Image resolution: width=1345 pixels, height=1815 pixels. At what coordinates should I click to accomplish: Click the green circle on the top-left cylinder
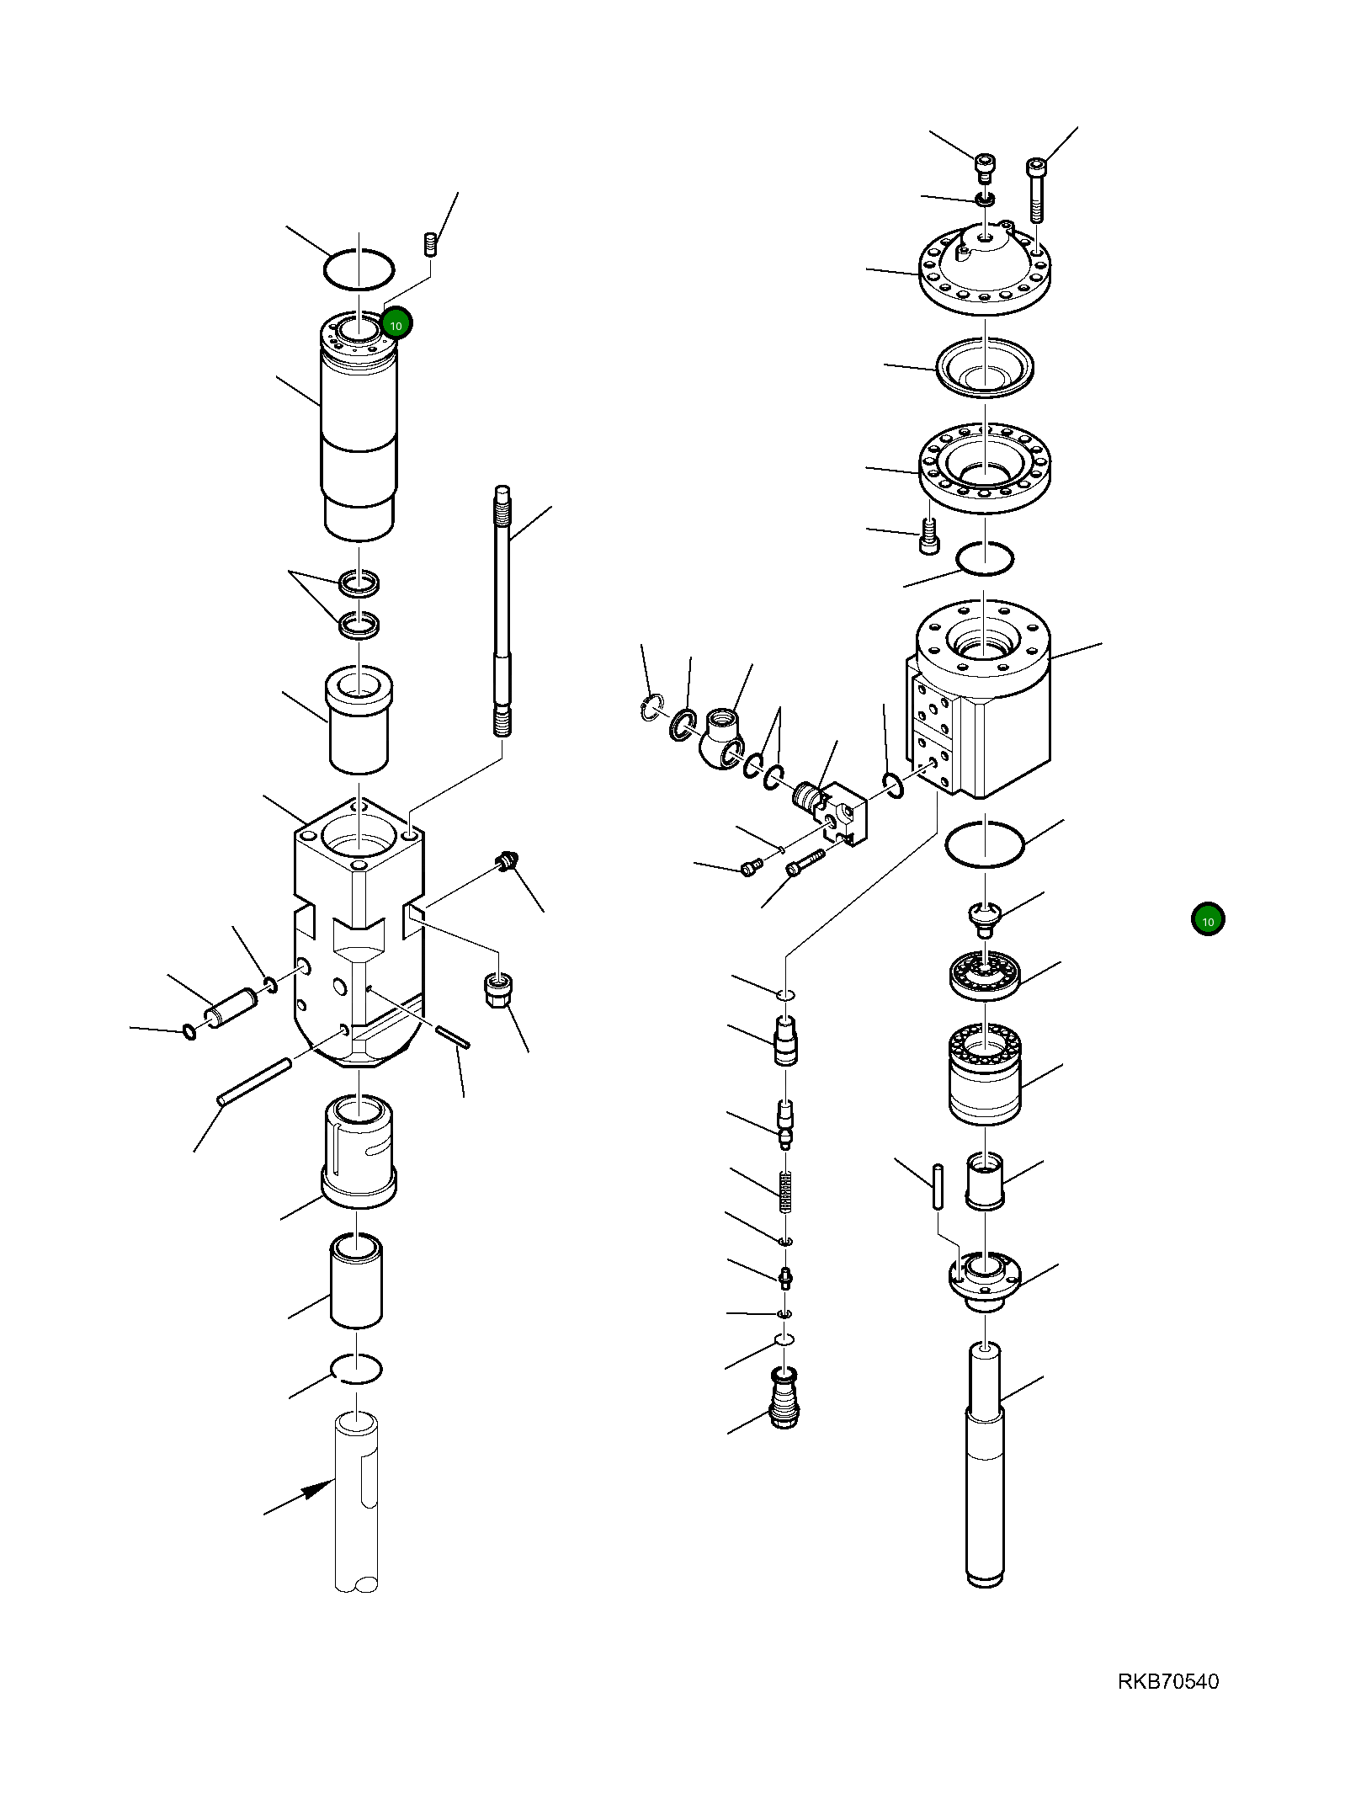(x=396, y=323)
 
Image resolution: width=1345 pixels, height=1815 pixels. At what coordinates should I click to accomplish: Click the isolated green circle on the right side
(x=1207, y=920)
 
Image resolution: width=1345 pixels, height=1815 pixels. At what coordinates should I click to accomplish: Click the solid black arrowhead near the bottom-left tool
(x=318, y=1489)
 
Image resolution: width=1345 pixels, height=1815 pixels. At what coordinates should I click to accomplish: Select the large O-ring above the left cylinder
(x=359, y=269)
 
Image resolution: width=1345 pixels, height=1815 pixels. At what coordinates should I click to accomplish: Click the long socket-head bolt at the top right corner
(x=1036, y=189)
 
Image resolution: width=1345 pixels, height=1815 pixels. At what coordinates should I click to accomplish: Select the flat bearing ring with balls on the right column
(x=985, y=976)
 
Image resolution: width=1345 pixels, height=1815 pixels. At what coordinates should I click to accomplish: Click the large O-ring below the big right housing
(x=985, y=843)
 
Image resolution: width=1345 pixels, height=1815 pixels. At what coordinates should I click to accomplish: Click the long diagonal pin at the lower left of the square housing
(x=254, y=1082)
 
